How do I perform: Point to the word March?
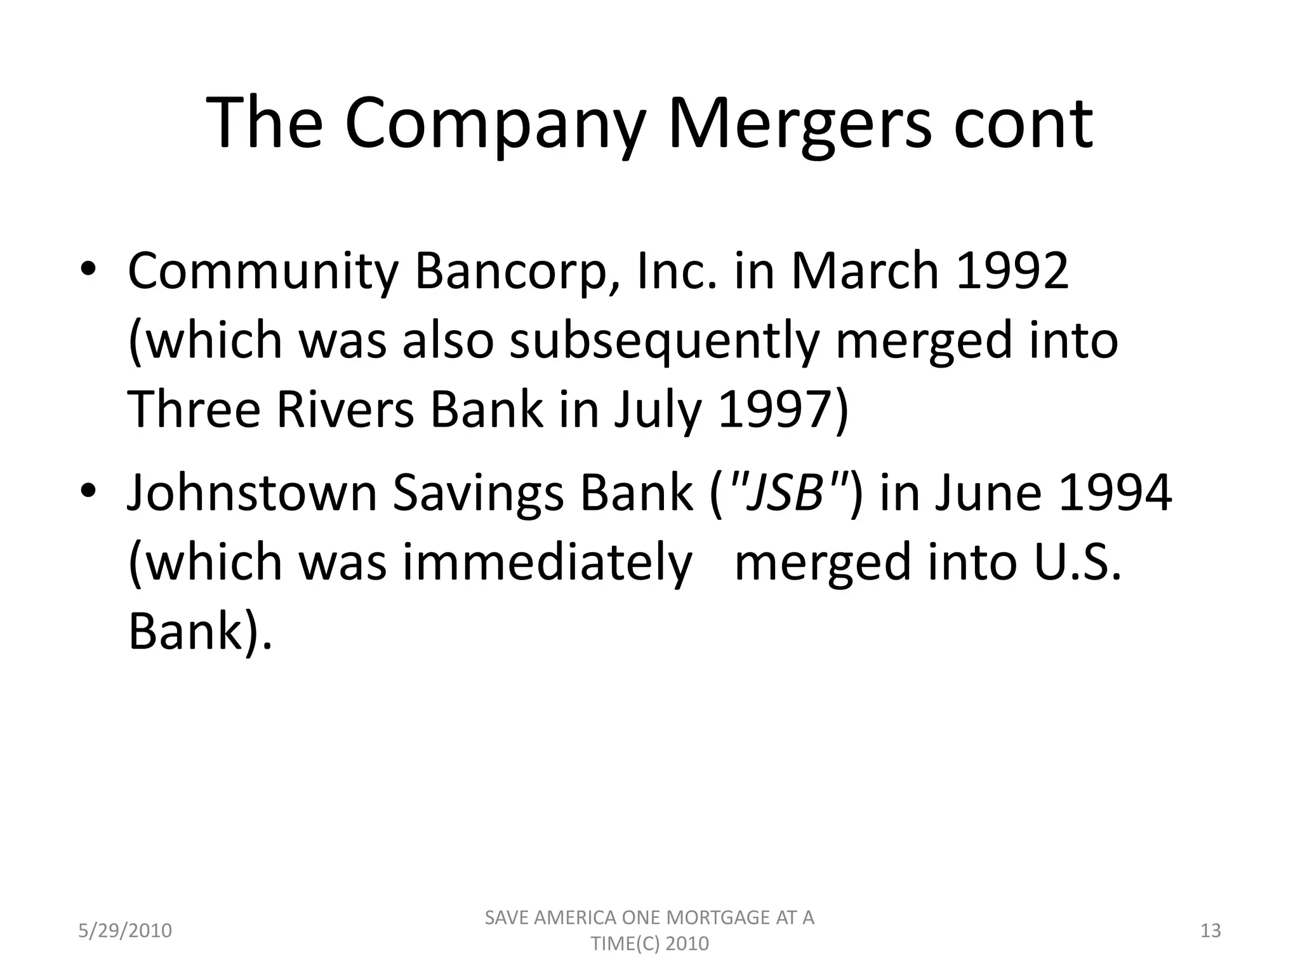(864, 270)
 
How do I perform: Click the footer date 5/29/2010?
(125, 931)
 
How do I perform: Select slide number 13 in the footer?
(1211, 931)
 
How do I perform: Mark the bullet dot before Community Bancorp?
(88, 270)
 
